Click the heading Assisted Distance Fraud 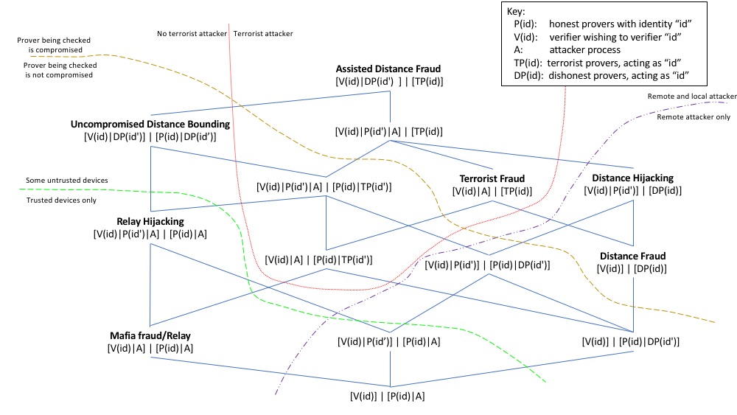(x=388, y=69)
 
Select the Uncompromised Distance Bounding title (x=150, y=124)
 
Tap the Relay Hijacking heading (x=150, y=220)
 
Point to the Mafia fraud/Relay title (x=150, y=335)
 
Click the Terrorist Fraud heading (x=492, y=178)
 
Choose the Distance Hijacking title (x=632, y=178)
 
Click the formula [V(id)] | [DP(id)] (x=633, y=269)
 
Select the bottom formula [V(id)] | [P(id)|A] (x=388, y=396)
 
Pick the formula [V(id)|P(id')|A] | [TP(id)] (x=388, y=131)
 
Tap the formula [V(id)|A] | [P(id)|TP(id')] (x=318, y=259)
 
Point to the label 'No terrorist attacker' (x=192, y=33)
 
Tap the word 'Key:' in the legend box (x=517, y=12)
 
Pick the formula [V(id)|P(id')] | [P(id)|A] (x=388, y=341)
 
